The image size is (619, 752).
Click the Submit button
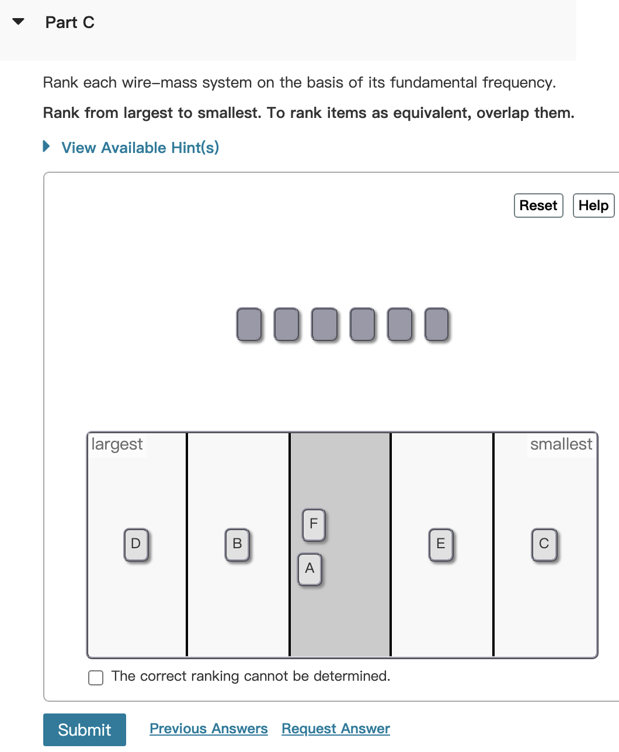[85, 729]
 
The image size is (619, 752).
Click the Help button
[593, 206]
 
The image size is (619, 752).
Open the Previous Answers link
[208, 729]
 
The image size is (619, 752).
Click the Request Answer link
[336, 729]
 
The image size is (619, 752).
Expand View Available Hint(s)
[140, 148]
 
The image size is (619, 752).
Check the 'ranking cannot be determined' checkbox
[96, 677]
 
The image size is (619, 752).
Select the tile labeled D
[136, 544]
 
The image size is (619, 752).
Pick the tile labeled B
[237, 544]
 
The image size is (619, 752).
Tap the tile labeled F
[314, 524]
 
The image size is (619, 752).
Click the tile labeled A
[309, 569]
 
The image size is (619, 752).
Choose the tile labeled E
[441, 544]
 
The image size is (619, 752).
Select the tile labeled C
[544, 544]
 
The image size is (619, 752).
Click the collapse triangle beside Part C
[19, 22]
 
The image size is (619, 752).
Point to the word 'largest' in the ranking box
[117, 444]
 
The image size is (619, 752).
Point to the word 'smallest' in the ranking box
[561, 444]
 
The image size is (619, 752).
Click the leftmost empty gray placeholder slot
[249, 325]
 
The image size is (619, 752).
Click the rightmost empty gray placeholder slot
[436, 325]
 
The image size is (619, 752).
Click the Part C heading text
[70, 23]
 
